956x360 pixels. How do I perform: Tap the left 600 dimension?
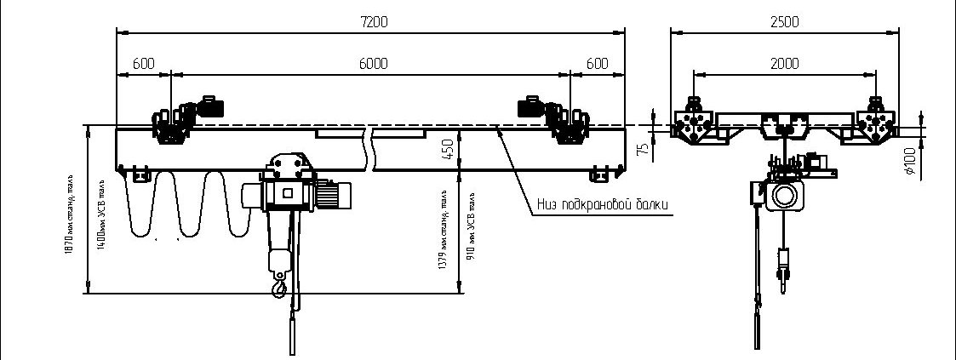pos(144,64)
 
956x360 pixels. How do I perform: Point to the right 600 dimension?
pos(598,64)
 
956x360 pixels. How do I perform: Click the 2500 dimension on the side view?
pos(783,23)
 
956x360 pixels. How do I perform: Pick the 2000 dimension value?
pos(784,64)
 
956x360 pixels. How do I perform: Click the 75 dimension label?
pos(644,148)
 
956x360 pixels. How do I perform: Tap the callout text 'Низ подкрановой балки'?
pos(603,205)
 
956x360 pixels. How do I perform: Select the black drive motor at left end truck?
pos(209,106)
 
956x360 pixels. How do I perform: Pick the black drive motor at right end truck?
pos(531,106)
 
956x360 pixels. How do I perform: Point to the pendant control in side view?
pos(756,328)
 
